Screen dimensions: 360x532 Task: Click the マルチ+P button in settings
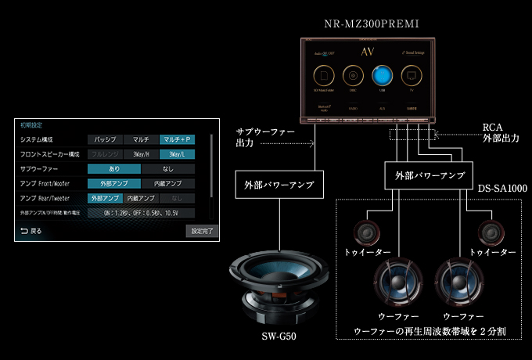(177, 139)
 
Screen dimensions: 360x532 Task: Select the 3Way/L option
(177, 154)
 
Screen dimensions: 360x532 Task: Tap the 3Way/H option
(141, 154)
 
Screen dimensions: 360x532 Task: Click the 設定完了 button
(199, 232)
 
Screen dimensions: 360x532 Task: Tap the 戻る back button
(31, 232)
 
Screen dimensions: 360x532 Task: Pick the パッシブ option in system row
(105, 139)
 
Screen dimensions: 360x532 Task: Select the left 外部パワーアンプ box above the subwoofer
(275, 186)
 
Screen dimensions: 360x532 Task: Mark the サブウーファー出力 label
(265, 138)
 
